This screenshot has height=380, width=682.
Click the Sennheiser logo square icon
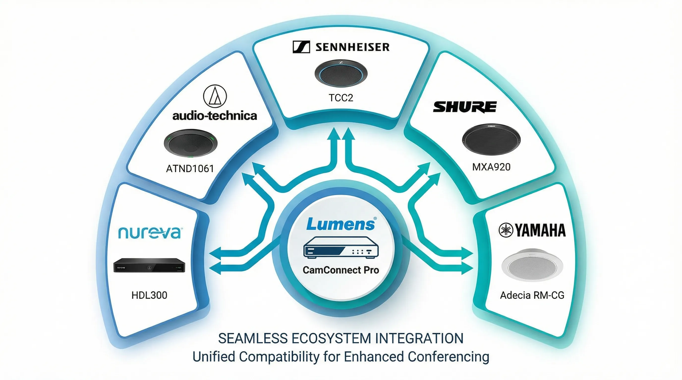pos(301,47)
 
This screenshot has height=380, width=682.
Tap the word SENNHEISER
pos(353,47)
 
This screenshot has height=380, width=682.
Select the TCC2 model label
pos(341,98)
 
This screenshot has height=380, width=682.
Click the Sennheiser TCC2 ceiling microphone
pos(341,74)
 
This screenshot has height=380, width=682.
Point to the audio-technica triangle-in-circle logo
pos(215,96)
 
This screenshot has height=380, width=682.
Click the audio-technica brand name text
pos(214,116)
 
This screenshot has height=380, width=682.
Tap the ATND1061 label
pos(190,168)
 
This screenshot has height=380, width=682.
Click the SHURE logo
pos(465,107)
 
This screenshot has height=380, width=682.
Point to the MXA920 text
pos(491,167)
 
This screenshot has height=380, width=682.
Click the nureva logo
pos(150,233)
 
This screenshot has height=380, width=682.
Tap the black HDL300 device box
pos(149,265)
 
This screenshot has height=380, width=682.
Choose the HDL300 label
pos(149,295)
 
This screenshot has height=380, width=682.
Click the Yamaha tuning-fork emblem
pos(506,230)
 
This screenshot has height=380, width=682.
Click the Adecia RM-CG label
pos(532,295)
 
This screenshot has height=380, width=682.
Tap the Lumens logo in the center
pos(341,224)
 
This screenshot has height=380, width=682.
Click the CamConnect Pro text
pos(341,270)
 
